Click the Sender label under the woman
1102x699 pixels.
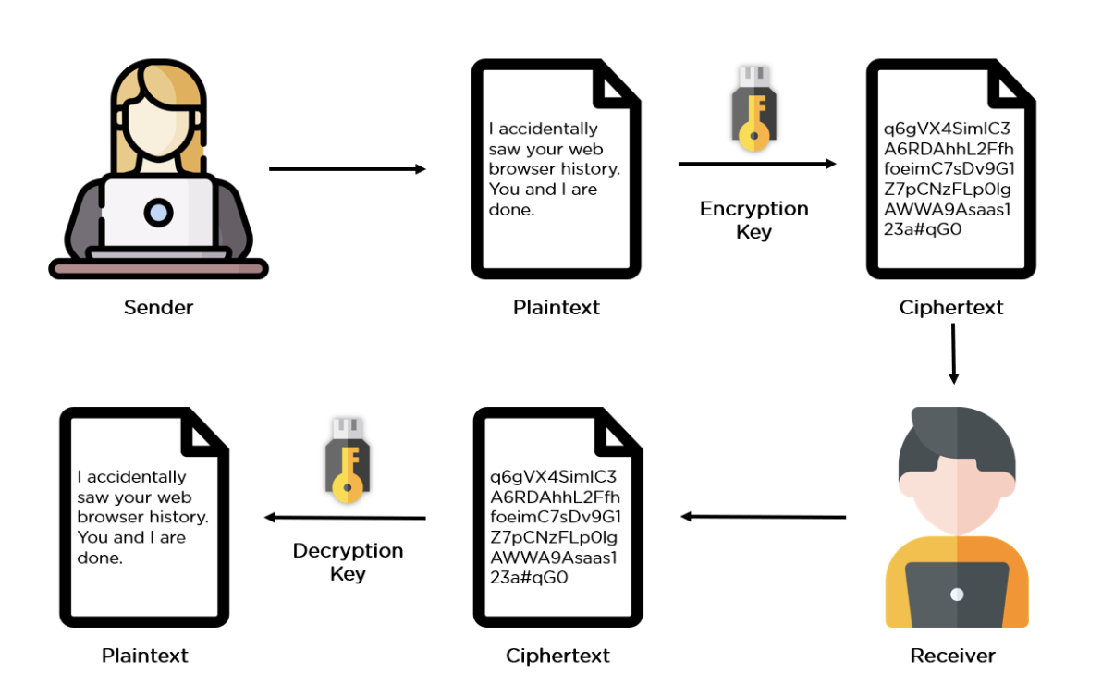click(158, 307)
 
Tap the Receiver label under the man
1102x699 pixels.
click(952, 656)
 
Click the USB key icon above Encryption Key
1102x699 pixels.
click(753, 107)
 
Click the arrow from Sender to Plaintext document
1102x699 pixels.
click(347, 169)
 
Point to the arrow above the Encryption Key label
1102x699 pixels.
click(756, 164)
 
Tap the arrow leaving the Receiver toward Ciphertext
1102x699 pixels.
click(763, 517)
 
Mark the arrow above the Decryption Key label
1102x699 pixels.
click(345, 518)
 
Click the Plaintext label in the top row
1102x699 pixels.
click(557, 307)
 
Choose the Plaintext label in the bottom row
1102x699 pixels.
click(144, 656)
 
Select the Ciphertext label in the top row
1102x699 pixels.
click(951, 307)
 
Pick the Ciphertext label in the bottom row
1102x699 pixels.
click(557, 656)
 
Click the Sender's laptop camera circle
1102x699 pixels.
click(158, 214)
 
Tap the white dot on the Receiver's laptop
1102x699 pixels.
click(957, 594)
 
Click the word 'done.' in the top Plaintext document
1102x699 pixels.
click(511, 210)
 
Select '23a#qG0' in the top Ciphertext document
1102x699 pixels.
click(923, 229)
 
